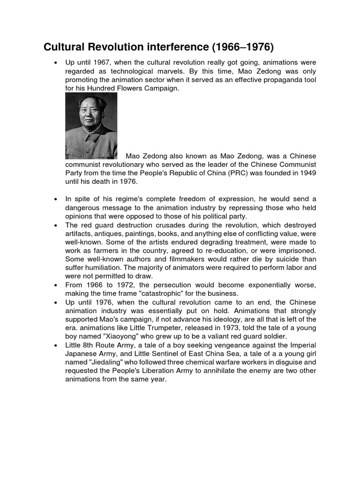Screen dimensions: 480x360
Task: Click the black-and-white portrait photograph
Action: tap(91, 125)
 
